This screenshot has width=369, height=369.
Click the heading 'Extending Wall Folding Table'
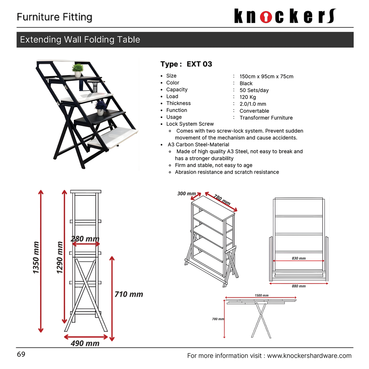[80, 40]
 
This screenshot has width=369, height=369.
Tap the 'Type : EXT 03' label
[186, 64]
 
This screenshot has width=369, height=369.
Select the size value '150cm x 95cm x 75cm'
[266, 77]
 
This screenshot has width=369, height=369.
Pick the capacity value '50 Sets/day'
[254, 90]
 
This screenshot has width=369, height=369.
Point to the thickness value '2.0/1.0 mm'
[252, 104]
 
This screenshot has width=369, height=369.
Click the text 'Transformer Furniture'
[266, 118]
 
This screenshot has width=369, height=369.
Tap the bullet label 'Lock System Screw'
[190, 124]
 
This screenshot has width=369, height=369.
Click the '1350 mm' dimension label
[36, 258]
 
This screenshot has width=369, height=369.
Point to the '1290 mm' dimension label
[60, 258]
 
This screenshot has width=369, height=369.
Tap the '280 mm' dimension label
[85, 238]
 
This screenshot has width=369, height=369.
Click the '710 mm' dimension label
[128, 294]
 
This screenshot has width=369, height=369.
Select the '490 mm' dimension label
[85, 343]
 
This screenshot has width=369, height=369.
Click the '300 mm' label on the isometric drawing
[187, 193]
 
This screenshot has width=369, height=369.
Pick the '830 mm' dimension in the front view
[299, 258]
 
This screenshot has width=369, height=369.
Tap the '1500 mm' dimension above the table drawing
[261, 295]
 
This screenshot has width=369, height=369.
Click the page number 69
[21, 354]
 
